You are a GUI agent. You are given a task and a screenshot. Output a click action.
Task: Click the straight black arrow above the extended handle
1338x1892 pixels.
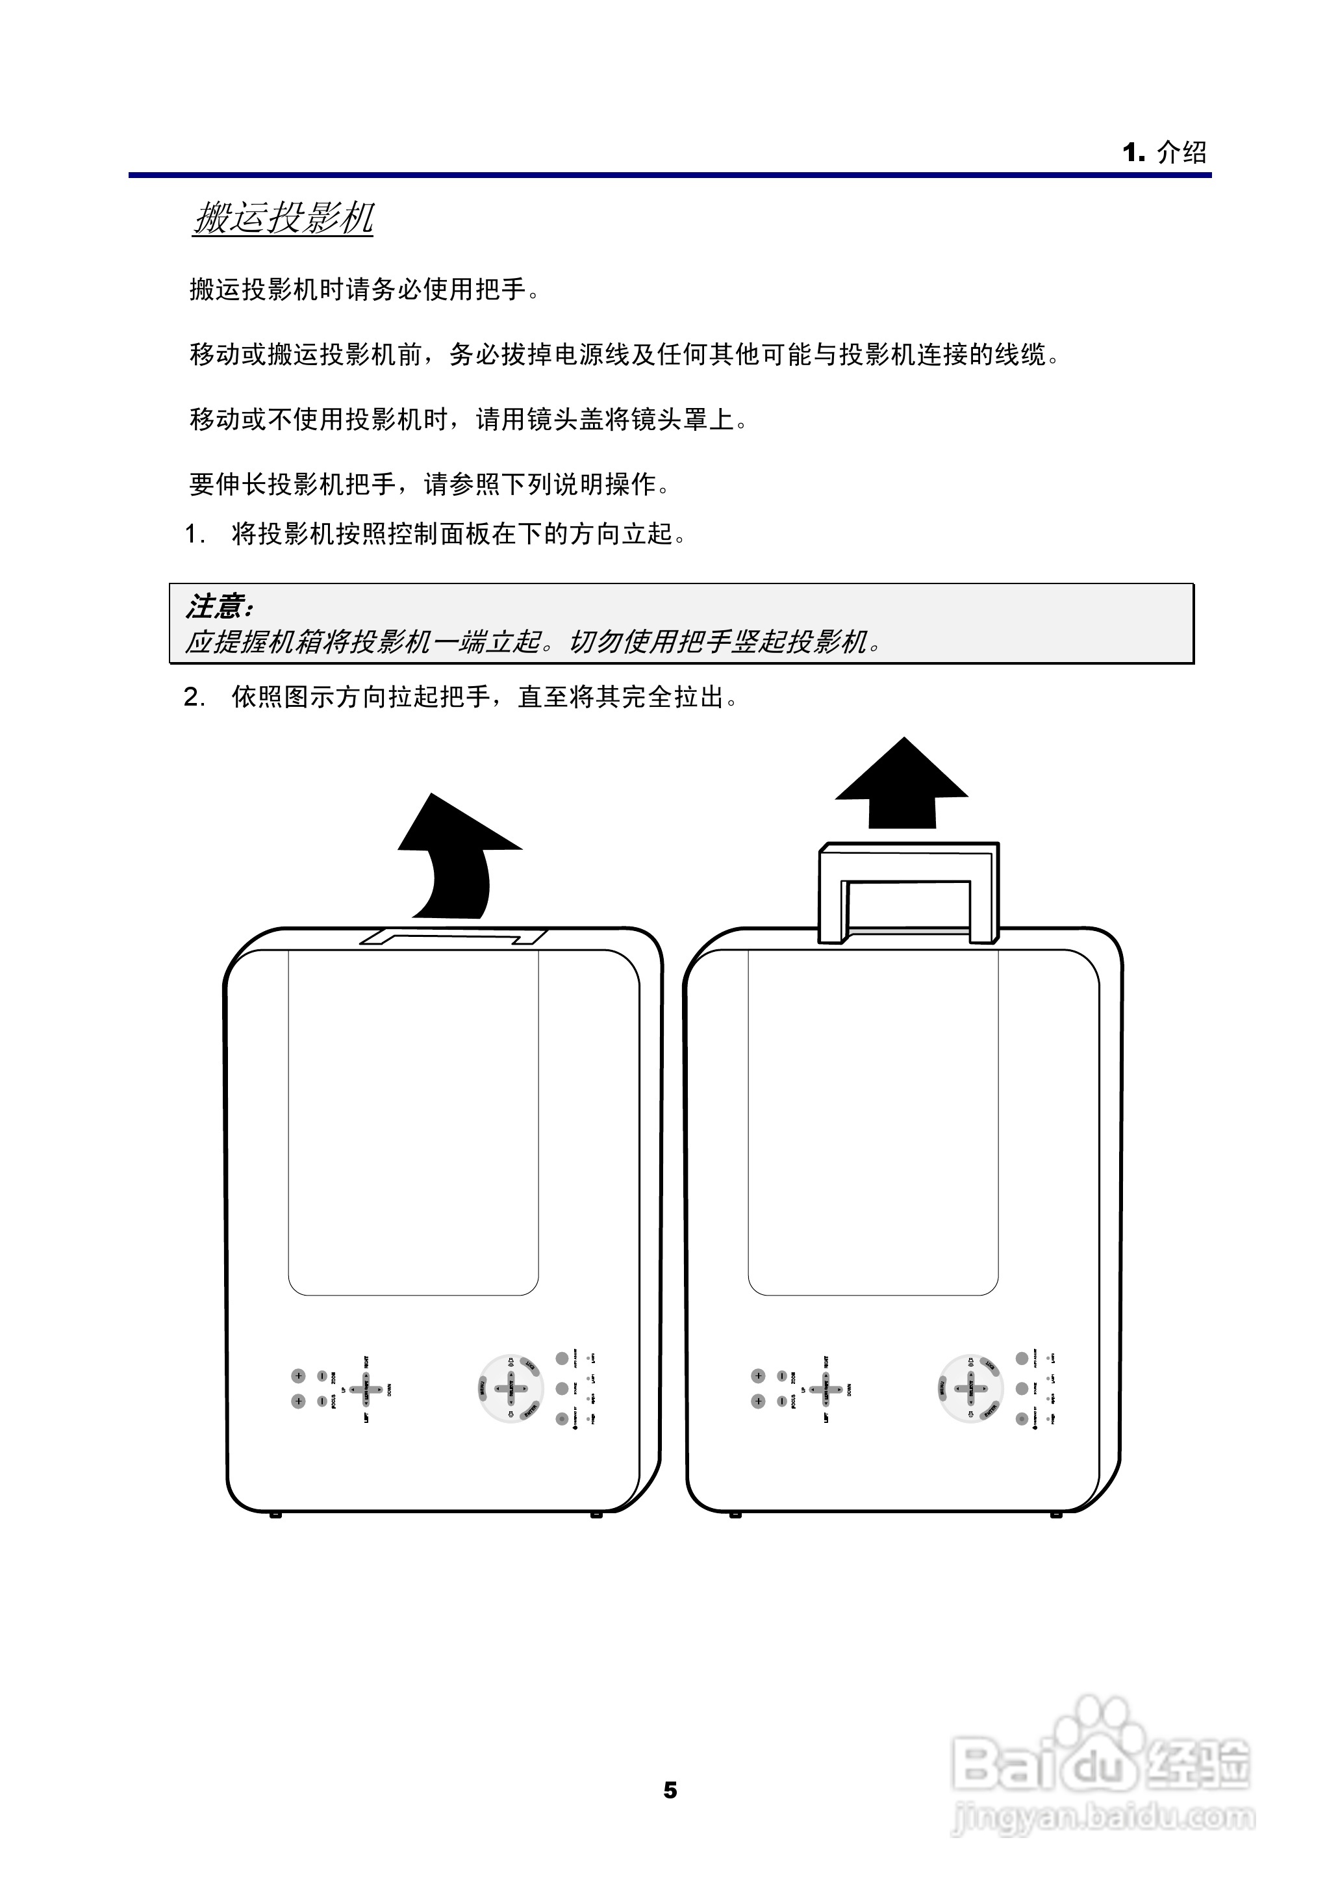click(902, 783)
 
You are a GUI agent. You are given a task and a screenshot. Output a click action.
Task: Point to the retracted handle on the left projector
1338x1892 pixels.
click(453, 936)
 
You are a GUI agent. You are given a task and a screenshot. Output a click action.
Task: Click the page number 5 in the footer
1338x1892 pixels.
click(670, 1790)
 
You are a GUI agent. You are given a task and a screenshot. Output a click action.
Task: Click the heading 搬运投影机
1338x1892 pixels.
click(283, 219)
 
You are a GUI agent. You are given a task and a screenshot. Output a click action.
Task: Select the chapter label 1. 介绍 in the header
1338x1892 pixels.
click(1164, 153)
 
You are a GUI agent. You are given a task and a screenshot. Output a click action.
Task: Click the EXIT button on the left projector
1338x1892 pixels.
click(530, 1368)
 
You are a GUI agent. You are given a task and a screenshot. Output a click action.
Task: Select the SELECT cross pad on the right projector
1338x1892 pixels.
click(970, 1389)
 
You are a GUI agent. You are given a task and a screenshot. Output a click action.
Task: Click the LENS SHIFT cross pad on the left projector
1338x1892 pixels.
click(366, 1389)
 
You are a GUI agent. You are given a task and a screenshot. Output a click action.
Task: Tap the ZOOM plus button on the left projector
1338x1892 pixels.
click(298, 1375)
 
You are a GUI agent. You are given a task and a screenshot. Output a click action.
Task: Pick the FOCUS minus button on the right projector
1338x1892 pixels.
click(781, 1401)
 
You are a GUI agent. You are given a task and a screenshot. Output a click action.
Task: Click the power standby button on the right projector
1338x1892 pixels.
click(1022, 1418)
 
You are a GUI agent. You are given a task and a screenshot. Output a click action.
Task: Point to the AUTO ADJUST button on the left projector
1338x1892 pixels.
click(562, 1358)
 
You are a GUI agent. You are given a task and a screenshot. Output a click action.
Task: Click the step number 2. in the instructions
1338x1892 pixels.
click(194, 698)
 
